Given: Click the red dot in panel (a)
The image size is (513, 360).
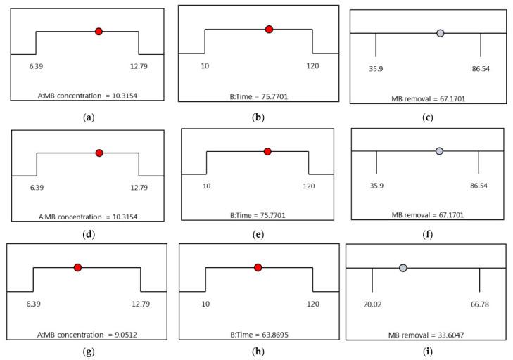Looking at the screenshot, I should click(x=99, y=31).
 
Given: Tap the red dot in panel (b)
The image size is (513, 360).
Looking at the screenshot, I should click(x=269, y=29).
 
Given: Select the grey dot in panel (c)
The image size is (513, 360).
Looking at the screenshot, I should click(x=440, y=33).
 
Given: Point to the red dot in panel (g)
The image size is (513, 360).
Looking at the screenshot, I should click(x=77, y=267).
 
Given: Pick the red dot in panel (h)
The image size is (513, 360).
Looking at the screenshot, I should click(x=258, y=267).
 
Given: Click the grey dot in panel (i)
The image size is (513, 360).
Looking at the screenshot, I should click(x=403, y=268).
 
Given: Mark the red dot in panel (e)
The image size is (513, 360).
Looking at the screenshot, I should click(x=267, y=151).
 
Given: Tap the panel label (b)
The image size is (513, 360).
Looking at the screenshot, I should click(x=258, y=116).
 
